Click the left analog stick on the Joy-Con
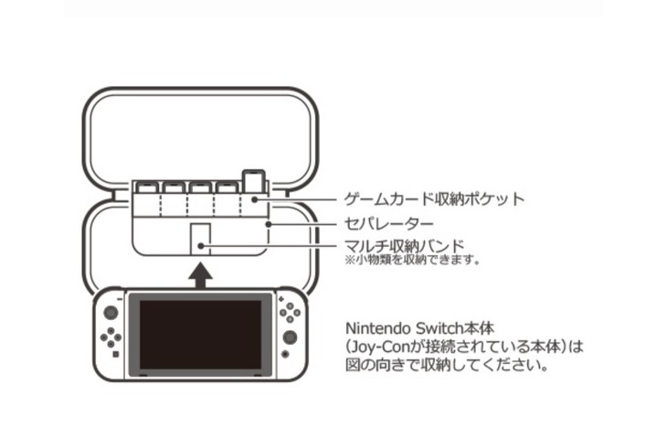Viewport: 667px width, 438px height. [x=111, y=313]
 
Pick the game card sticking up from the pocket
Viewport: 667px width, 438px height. [x=251, y=181]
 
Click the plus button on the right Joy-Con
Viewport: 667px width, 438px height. [x=280, y=298]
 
